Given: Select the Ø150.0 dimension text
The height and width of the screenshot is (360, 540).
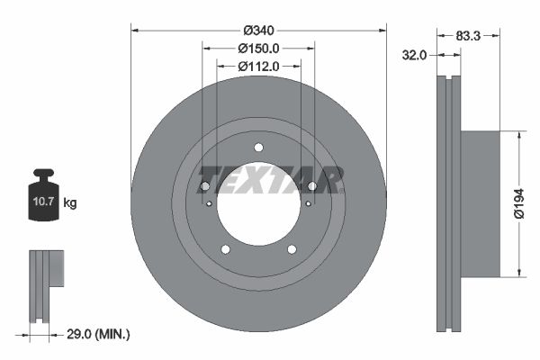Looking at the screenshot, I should [x=258, y=49].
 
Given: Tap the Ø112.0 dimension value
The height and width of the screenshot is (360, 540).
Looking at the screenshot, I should [x=258, y=66].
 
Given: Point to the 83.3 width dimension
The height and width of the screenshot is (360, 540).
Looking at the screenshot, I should [x=466, y=36].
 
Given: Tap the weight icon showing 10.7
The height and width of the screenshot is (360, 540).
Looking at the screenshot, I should [x=44, y=191].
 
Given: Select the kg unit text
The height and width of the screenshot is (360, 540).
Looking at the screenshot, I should [x=70, y=203].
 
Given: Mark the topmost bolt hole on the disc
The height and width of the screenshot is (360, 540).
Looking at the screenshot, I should [x=258, y=148].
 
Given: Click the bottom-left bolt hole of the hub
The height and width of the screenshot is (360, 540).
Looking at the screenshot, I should [x=225, y=249].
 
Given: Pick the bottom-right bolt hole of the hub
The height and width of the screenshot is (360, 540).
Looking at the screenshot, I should [x=292, y=249].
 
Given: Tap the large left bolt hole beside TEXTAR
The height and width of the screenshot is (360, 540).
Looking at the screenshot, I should [x=204, y=186].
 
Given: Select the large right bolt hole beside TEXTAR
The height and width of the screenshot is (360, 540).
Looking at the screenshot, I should [x=312, y=186].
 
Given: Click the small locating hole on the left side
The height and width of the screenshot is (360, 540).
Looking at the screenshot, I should [x=210, y=203].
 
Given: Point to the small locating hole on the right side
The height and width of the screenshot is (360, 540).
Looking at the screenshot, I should [x=308, y=203].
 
